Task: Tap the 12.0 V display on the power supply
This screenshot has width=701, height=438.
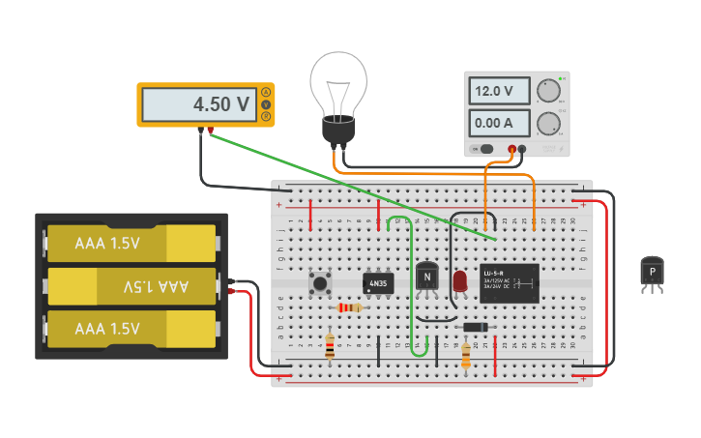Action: pyautogui.click(x=499, y=91)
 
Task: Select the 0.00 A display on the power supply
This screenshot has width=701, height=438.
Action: pyautogui.click(x=499, y=123)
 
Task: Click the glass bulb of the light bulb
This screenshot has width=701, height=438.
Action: pyautogui.click(x=338, y=82)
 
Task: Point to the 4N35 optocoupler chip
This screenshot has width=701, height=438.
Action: pyautogui.click(x=378, y=283)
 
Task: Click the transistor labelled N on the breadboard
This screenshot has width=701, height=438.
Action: pyautogui.click(x=426, y=277)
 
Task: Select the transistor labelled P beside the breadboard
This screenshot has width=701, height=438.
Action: pyautogui.click(x=653, y=273)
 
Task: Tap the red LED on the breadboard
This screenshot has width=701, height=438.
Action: pyautogui.click(x=460, y=281)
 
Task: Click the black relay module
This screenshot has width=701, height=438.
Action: pyautogui.click(x=509, y=282)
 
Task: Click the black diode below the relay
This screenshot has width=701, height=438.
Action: pyautogui.click(x=475, y=327)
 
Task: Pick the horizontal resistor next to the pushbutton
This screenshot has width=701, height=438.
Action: pyautogui.click(x=349, y=307)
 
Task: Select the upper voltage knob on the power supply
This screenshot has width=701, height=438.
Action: pyautogui.click(x=548, y=91)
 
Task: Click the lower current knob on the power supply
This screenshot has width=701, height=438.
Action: pyautogui.click(x=548, y=123)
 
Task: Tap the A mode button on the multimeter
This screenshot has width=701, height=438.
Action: pyautogui.click(x=266, y=92)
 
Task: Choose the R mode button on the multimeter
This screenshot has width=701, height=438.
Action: pyautogui.click(x=266, y=116)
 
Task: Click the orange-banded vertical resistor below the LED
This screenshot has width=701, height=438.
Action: pyautogui.click(x=466, y=356)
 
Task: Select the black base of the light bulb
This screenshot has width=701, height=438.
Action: pyautogui.click(x=338, y=130)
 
